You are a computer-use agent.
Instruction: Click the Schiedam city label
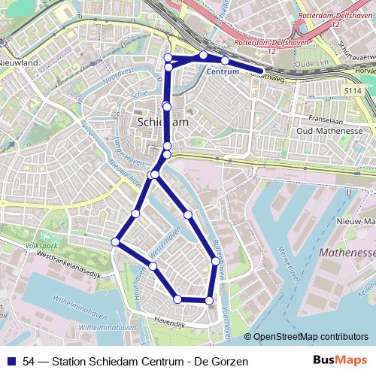[x=163, y=121]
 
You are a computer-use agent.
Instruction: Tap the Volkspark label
[x=41, y=245]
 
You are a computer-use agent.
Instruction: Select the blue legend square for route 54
[x=11, y=362]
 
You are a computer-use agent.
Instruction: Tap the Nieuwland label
[x=19, y=63]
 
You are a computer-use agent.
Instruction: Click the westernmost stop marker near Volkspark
[x=115, y=242]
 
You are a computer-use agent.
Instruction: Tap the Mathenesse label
[x=347, y=253]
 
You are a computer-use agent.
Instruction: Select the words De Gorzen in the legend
[x=220, y=362]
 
